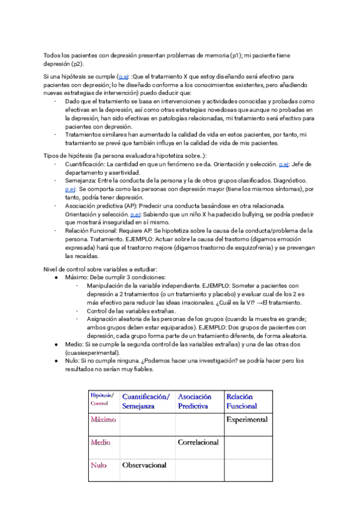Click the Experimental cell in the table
247,420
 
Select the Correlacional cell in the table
198,442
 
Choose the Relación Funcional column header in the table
241,402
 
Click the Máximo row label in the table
103,420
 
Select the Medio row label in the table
100,442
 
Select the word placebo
229,294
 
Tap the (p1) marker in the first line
238,55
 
